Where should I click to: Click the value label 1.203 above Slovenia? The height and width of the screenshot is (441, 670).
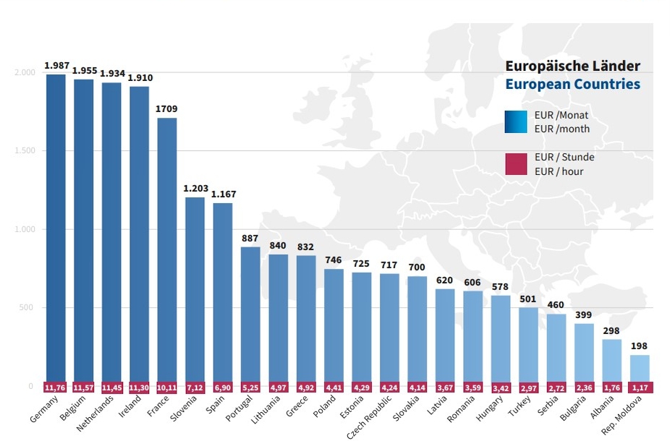pos(195,189)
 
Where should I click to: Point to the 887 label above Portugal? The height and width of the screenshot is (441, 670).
pos(250,239)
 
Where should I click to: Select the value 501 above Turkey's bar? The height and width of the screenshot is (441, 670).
pos(528,299)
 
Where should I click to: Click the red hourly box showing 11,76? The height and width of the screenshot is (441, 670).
pos(56,388)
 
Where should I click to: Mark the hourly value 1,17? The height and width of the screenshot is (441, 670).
pos(640,388)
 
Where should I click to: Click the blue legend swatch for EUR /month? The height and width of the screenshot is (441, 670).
pos(516,122)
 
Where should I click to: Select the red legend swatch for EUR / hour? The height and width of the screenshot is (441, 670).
pos(516,164)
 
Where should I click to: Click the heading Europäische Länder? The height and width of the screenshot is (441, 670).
pos(572,66)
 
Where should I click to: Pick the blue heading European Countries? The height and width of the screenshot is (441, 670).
pos(572,84)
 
